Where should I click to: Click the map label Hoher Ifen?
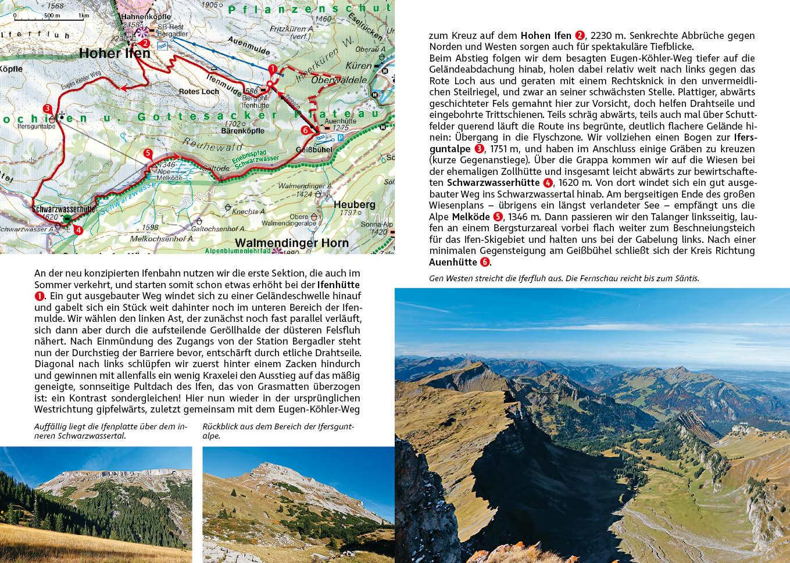[x=115, y=53]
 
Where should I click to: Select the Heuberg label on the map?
[x=355, y=205]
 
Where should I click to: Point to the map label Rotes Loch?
[x=199, y=92]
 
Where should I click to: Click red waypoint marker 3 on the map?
[x=47, y=108]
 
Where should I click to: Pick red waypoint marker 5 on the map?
[x=148, y=153]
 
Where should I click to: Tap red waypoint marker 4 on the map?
[x=78, y=229]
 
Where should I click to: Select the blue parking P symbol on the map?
[x=340, y=138]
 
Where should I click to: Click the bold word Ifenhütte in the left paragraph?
[x=338, y=285]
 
